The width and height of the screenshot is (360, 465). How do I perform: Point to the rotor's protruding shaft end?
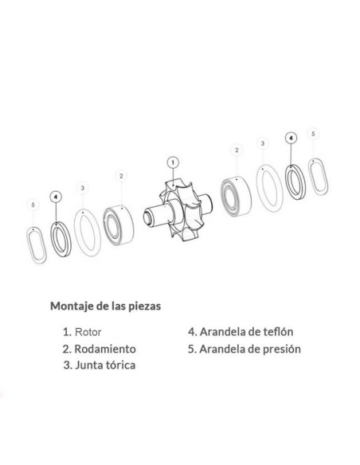(x=148, y=216)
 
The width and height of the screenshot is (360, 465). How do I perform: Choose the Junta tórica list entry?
(x=104, y=366)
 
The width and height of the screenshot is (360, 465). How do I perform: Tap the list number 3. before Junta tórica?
(x=65, y=366)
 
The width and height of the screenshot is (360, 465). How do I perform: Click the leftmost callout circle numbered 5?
(x=32, y=205)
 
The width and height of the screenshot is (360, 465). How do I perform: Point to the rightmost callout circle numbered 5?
(x=314, y=134)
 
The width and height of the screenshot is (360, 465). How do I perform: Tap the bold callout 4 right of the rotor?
(x=291, y=138)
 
